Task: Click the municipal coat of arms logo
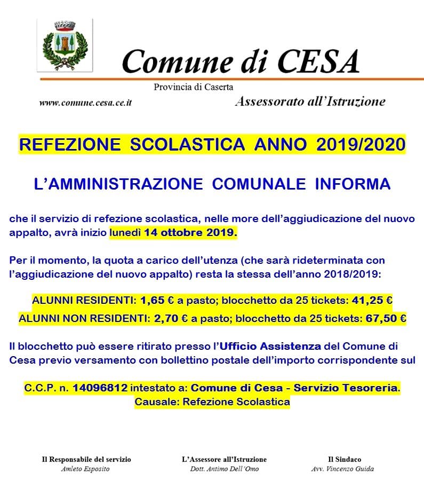tap(66, 46)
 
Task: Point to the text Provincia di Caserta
tap(194, 87)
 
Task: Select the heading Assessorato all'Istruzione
tap(310, 101)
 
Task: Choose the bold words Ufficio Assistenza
tap(278, 347)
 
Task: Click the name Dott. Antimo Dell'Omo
tap(224, 469)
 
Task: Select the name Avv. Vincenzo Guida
tap(342, 469)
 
